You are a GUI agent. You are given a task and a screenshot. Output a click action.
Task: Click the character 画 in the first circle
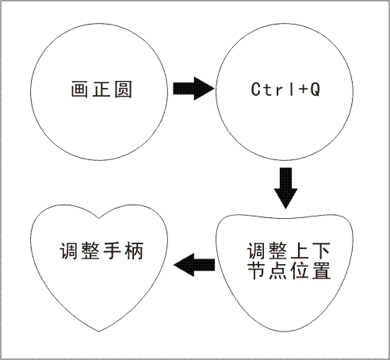coord(79,90)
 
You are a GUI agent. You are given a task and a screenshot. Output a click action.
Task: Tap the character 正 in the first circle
coord(101,90)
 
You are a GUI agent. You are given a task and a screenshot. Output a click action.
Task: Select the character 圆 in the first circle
coord(123,90)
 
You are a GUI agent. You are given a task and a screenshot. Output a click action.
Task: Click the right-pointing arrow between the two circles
coord(193,89)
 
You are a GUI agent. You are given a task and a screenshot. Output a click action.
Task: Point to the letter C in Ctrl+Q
coord(256,89)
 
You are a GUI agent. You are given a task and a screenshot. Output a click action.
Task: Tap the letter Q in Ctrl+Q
coord(315,90)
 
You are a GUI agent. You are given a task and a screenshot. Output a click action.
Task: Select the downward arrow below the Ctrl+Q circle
coord(285,188)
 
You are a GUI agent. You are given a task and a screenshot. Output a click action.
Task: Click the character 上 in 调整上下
coord(300,251)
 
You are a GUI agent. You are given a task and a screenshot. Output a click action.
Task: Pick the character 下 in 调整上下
coord(321,251)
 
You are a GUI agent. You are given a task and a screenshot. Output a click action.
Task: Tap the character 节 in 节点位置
coord(256,270)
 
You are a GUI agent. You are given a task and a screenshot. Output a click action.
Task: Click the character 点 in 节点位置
coord(277,270)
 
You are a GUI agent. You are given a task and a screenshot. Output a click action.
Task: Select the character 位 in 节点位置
coord(300,270)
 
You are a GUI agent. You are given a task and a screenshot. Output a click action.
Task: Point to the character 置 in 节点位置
coord(321,270)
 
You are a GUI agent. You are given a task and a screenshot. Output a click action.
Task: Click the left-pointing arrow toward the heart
coord(194,265)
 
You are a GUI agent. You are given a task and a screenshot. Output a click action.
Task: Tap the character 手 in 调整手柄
coord(112,251)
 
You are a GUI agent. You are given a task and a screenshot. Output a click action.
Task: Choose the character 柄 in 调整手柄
coord(134,251)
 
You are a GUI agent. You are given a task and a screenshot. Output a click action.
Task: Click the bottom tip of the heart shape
coord(99,331)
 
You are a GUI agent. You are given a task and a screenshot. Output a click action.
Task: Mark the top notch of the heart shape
coord(99,219)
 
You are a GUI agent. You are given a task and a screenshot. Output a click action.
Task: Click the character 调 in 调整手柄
coord(68,251)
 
